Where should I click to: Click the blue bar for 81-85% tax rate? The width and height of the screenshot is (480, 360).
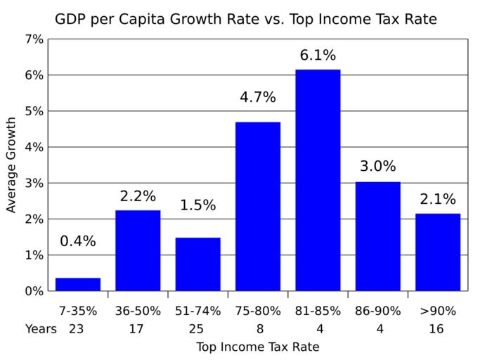click(318, 180)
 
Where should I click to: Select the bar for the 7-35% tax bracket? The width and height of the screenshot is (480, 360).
click(78, 284)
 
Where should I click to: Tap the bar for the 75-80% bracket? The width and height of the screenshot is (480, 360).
click(258, 206)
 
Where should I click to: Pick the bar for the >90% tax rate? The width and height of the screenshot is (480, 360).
click(438, 252)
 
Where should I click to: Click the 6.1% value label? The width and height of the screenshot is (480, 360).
click(318, 55)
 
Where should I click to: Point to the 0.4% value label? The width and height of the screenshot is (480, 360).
click(78, 241)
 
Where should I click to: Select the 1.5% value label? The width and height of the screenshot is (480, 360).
click(197, 205)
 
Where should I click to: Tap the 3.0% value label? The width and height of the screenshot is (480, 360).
click(378, 167)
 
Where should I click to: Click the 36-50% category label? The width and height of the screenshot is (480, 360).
click(138, 310)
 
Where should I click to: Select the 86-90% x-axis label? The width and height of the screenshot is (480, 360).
click(378, 310)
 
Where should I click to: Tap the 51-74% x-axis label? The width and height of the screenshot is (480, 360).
click(197, 310)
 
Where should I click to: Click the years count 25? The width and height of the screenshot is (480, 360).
click(197, 328)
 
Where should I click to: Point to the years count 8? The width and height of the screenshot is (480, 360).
click(258, 328)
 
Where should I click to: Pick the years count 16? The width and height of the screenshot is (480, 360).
click(438, 328)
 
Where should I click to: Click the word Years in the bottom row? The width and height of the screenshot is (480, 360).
click(41, 328)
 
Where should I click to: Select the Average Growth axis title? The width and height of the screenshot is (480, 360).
click(12, 165)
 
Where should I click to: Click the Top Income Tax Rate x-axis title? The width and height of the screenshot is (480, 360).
click(257, 347)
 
